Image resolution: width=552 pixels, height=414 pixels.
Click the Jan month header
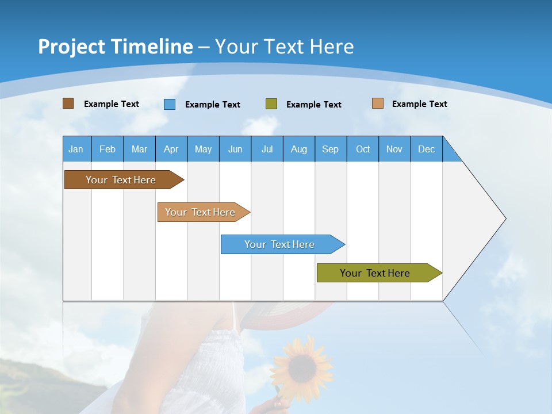tap(76, 149)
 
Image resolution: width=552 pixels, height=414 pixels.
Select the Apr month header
tap(171, 149)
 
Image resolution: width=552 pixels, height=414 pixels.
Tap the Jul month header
tap(267, 149)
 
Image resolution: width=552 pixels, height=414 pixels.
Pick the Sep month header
tap(330, 149)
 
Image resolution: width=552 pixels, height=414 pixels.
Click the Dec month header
tap(426, 149)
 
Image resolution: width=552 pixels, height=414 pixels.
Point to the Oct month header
tap(363, 149)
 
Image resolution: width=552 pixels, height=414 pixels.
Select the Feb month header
tap(108, 149)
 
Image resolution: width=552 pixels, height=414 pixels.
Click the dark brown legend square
tap(68, 103)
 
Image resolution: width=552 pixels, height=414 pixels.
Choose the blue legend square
tap(170, 104)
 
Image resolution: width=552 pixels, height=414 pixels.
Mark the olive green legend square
tap(271, 104)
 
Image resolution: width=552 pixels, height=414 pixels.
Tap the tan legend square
tap(377, 103)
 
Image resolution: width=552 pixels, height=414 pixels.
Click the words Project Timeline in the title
tap(115, 47)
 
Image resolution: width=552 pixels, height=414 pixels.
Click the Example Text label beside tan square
tap(419, 104)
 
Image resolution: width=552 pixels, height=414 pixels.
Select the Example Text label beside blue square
tap(212, 105)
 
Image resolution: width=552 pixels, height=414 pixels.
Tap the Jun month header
tap(235, 149)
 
